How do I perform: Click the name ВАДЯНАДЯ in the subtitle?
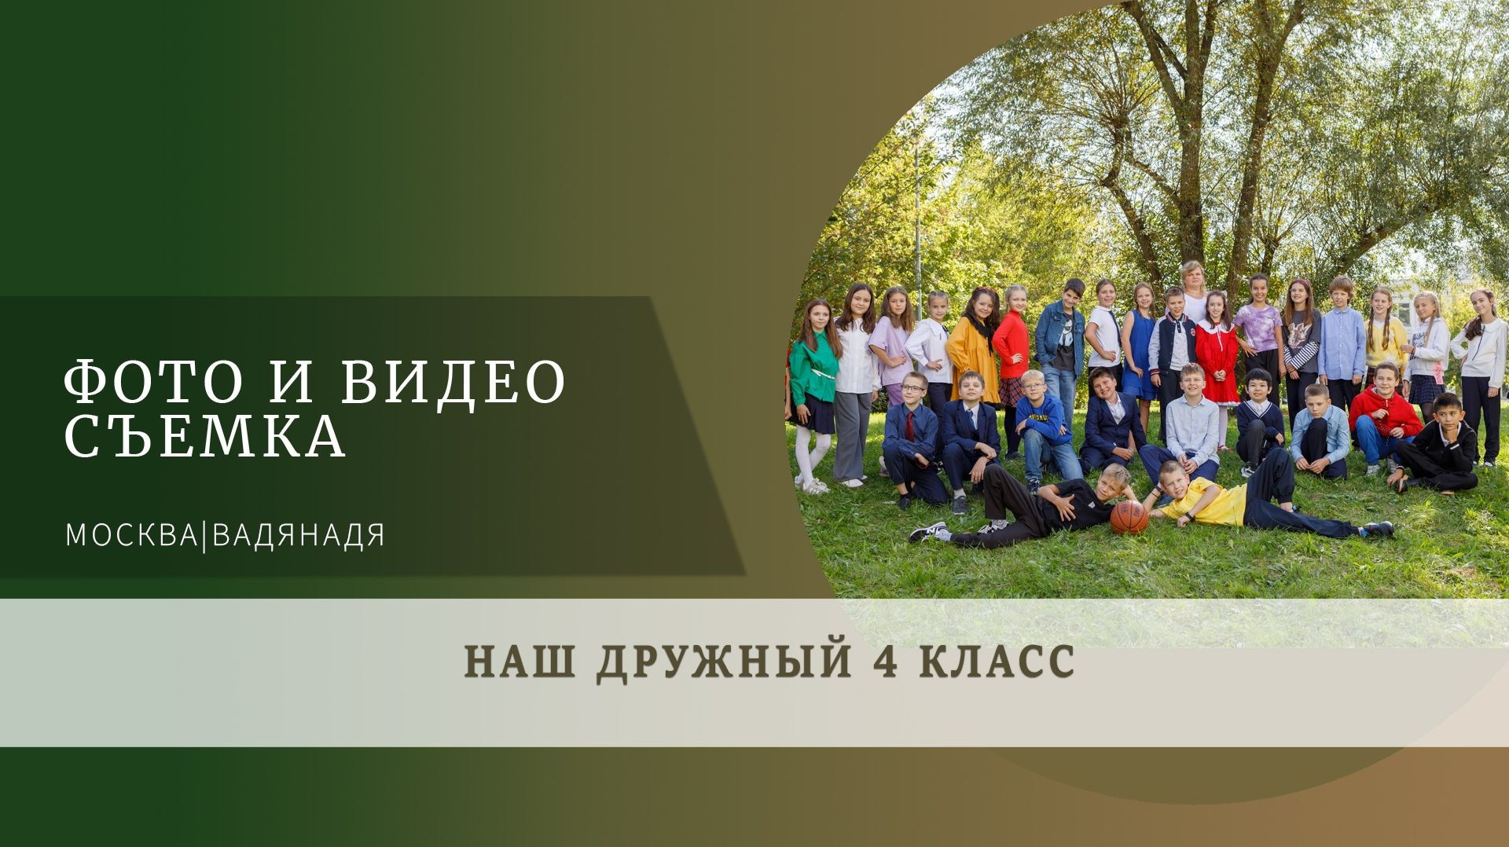click(299, 536)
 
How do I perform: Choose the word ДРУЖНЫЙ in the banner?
click(723, 660)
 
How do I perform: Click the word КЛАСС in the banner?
click(997, 660)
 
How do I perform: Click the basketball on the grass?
click(1129, 517)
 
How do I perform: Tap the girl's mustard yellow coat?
click(973, 354)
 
